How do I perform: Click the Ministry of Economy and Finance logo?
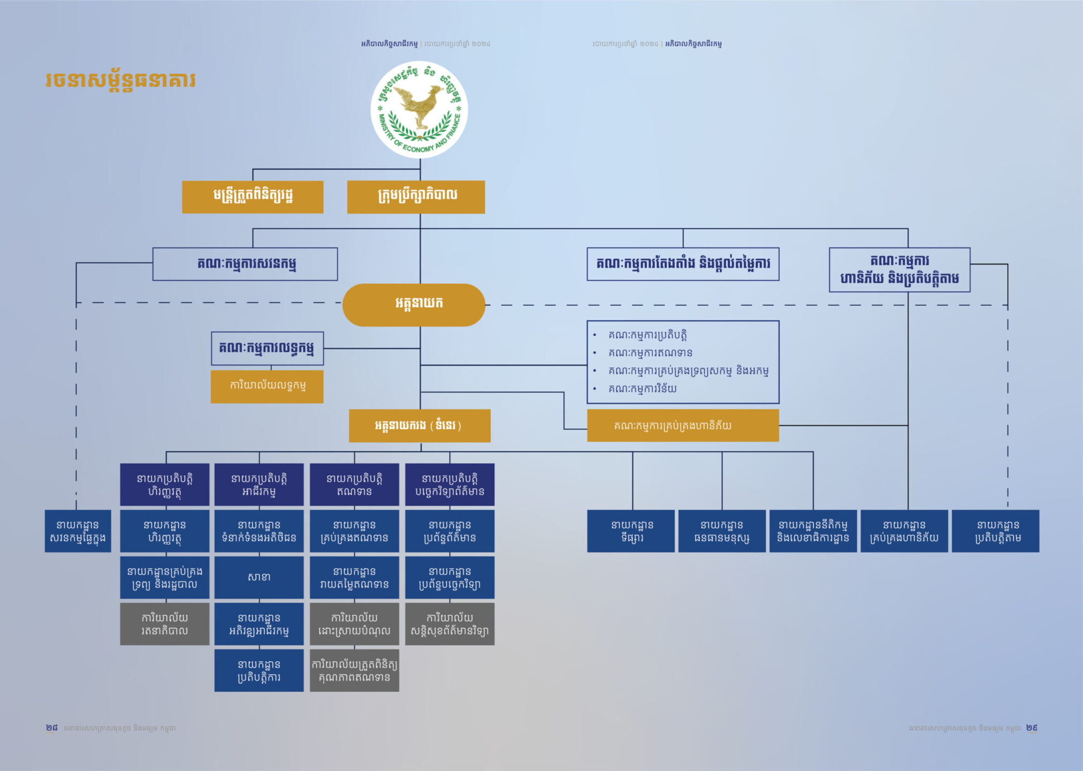(419, 110)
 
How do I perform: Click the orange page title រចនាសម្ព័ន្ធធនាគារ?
(121, 81)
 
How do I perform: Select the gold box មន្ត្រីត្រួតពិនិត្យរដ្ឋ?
(253, 196)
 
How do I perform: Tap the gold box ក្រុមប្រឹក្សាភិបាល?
(416, 196)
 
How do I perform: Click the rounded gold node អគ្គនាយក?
(414, 304)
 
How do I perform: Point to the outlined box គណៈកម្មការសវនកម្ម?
(245, 264)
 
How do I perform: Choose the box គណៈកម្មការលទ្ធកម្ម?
(267, 348)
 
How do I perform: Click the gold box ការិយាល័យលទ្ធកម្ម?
(267, 386)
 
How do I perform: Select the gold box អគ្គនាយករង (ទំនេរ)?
(420, 426)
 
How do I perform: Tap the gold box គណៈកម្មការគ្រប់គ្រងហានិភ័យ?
(682, 426)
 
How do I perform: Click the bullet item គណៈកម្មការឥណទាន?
(650, 353)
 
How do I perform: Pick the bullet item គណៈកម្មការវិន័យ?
(642, 389)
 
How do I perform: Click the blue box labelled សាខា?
(259, 577)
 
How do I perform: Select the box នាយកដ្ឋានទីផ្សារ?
(631, 531)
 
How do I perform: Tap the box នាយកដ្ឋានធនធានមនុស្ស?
(722, 531)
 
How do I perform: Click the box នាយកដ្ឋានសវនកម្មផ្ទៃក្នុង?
(78, 531)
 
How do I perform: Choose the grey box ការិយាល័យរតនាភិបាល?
(165, 624)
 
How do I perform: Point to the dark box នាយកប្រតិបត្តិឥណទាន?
(354, 484)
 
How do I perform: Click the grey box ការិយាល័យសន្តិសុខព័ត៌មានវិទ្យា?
(449, 624)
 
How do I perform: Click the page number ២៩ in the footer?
(1032, 728)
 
